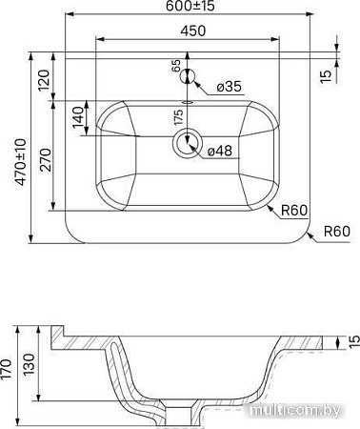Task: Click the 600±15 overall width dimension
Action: pyautogui.click(x=188, y=7)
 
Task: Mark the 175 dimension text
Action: pyautogui.click(x=177, y=119)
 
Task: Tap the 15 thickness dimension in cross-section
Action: pyautogui.click(x=350, y=338)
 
